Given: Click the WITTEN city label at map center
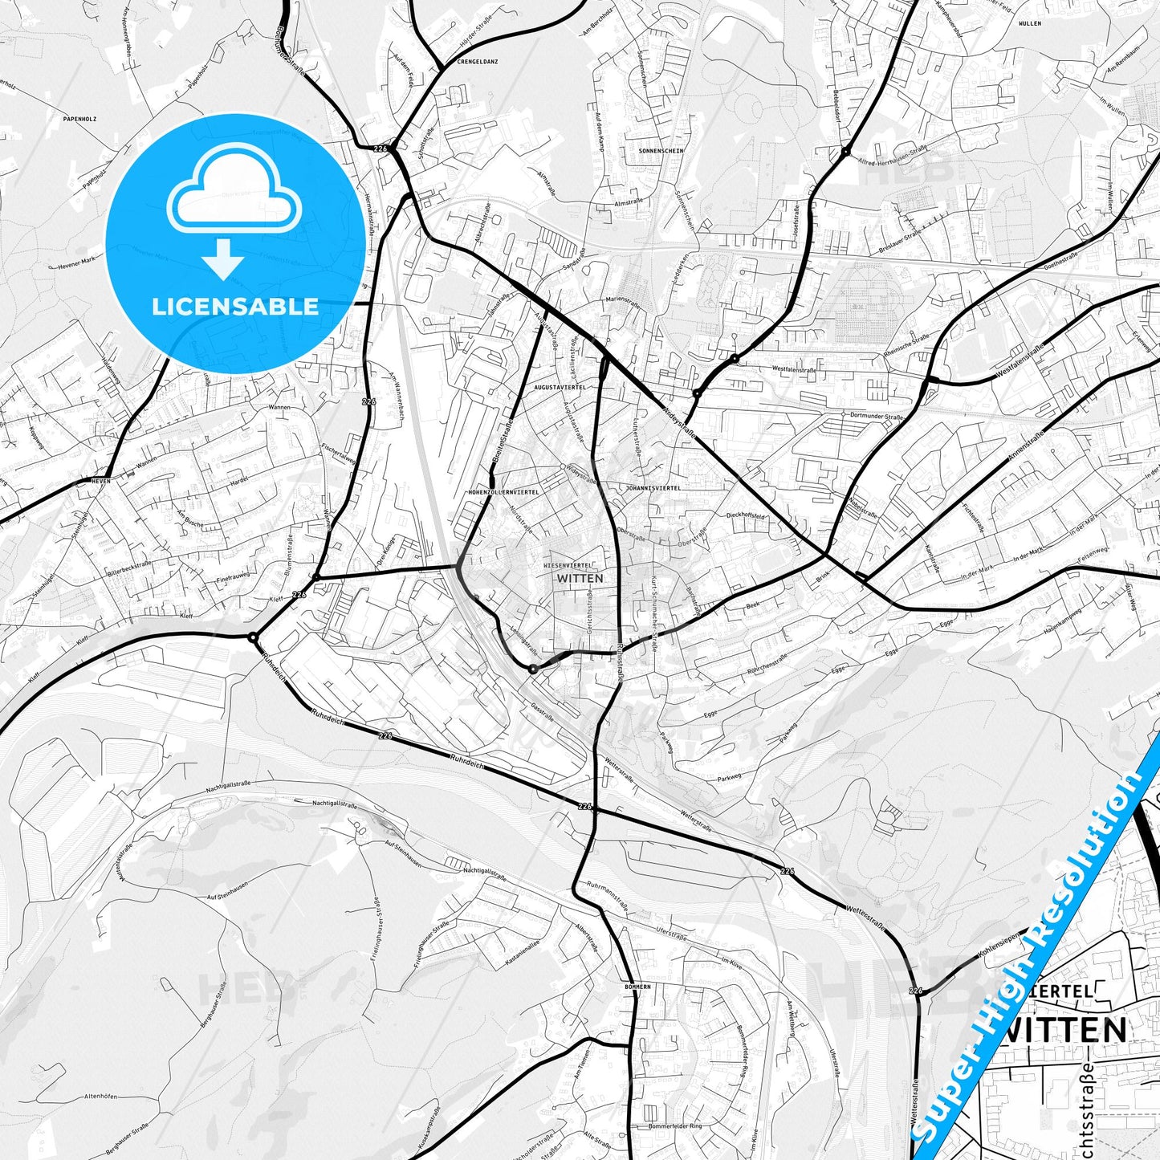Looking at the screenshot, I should tap(580, 578).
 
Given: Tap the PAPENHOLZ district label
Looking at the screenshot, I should tap(79, 119).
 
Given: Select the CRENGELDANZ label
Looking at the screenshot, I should tap(479, 61).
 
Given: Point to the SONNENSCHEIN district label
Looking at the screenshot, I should tap(661, 151).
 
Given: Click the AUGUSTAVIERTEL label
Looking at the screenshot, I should tap(560, 387).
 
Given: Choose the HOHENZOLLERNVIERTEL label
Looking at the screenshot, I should tap(503, 491).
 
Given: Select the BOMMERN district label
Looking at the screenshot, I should tap(637, 987).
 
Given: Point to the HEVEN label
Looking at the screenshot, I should tap(101, 480).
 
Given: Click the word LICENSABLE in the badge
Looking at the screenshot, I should tap(235, 306).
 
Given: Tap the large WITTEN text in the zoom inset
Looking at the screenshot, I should tap(1065, 1029).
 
